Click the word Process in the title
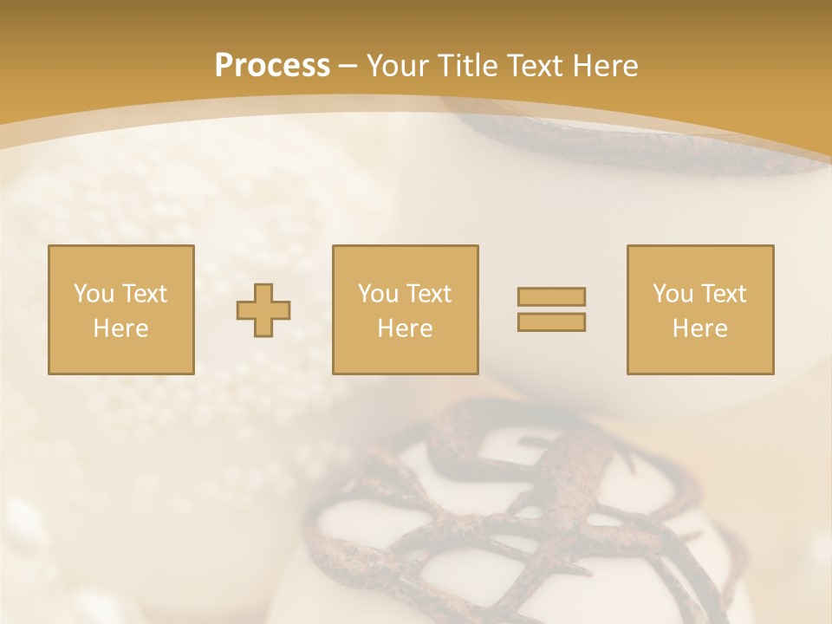272,66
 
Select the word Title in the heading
468,66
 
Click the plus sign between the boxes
263,310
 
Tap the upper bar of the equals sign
551,296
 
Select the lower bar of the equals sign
551,322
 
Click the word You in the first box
94,294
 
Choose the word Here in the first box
120,328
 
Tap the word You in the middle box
378,294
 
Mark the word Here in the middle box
405,328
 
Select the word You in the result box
673,294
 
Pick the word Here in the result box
699,328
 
